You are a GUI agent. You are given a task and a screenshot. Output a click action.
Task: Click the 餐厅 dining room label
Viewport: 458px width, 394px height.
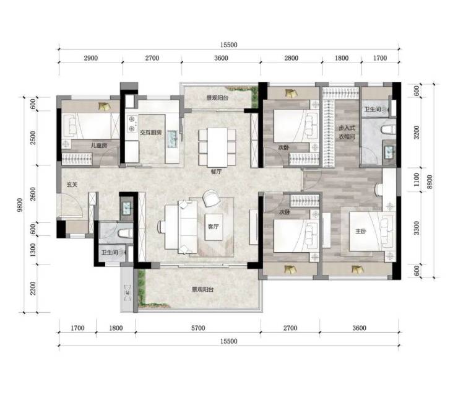pyautogui.click(x=216, y=172)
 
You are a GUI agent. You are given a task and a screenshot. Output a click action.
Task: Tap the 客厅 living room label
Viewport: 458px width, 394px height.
pyautogui.click(x=214, y=227)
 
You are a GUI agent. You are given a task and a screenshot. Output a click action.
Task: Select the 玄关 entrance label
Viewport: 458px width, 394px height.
pyautogui.click(x=72, y=185)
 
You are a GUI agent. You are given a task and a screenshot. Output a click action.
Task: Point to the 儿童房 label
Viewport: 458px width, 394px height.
pyautogui.click(x=99, y=145)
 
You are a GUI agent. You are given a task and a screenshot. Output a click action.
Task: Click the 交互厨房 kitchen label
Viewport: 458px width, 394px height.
pyautogui.click(x=150, y=133)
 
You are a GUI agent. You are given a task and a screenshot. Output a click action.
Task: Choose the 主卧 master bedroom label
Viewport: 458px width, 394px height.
pyautogui.click(x=361, y=232)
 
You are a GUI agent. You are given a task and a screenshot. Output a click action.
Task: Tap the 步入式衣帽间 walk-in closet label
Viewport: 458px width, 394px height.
pyautogui.click(x=347, y=132)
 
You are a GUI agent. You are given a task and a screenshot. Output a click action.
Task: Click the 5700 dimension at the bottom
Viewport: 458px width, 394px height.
pyautogui.click(x=198, y=328)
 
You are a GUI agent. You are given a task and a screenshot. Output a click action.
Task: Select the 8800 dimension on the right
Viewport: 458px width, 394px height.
pyautogui.click(x=430, y=182)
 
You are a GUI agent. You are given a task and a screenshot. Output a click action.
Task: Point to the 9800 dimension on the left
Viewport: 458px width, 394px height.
pyautogui.click(x=20, y=205)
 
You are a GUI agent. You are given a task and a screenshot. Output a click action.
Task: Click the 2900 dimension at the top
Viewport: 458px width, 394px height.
pyautogui.click(x=91, y=58)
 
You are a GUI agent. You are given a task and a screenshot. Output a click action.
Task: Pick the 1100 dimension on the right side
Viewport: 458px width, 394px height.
pyautogui.click(x=417, y=180)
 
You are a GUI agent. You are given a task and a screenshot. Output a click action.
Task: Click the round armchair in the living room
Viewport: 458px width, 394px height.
pyautogui.click(x=211, y=198)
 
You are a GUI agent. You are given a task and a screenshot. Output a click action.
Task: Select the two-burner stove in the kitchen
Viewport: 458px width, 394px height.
pyautogui.click(x=132, y=124)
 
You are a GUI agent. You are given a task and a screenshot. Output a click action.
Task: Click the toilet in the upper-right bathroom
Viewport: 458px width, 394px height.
pyautogui.click(x=389, y=129)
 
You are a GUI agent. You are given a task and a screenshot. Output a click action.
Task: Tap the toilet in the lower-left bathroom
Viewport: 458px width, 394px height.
pyautogui.click(x=125, y=234)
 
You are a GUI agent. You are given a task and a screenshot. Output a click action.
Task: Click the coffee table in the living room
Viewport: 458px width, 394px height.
pyautogui.click(x=214, y=227)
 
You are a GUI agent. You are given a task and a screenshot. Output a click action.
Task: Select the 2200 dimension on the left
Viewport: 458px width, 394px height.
pyautogui.click(x=33, y=288)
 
